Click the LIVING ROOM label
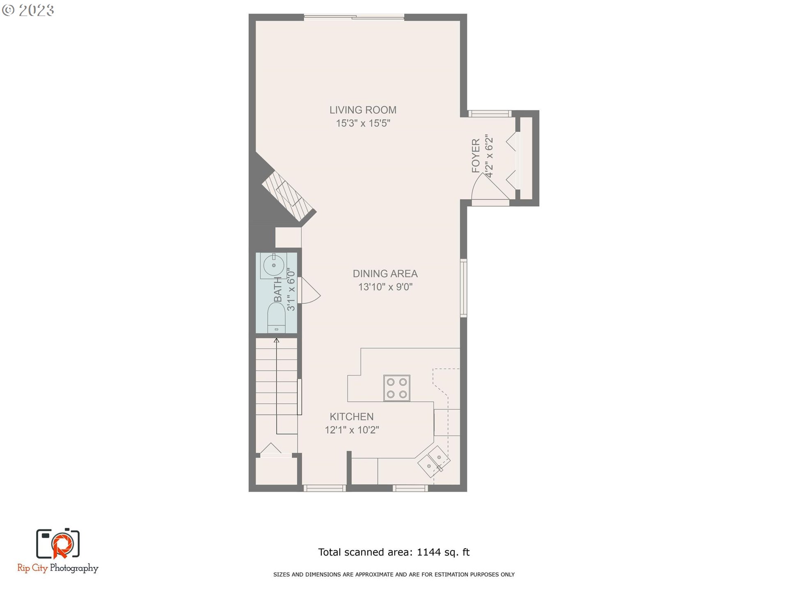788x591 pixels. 363,110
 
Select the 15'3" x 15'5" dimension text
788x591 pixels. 363,123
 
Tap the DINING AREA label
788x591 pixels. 385,274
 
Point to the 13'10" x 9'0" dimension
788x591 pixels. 385,287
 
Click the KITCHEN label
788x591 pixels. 352,417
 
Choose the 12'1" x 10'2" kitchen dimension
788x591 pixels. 352,430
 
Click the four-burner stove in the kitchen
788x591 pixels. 396,388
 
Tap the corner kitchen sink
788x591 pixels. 434,462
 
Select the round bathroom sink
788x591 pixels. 273,265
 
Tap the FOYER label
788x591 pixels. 476,156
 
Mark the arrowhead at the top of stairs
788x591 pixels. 276,340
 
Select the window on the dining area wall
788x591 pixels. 463,288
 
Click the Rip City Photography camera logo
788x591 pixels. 58,544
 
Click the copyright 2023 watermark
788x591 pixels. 28,10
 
